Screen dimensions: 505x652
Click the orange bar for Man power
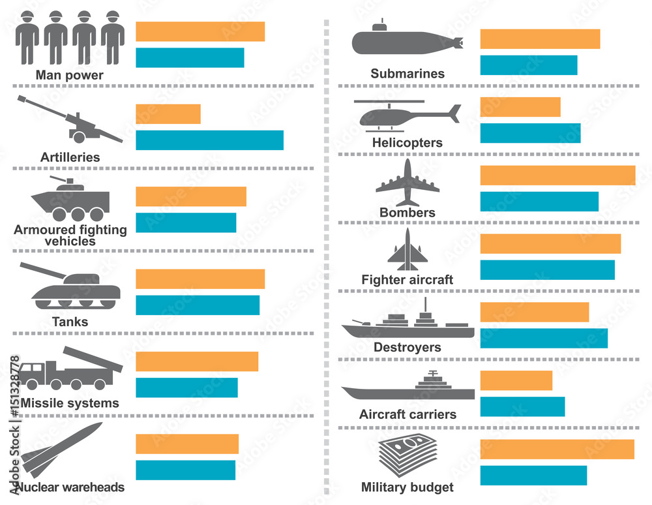point(200,31)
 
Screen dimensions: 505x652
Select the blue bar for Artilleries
point(209,140)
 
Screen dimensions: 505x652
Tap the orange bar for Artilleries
point(168,114)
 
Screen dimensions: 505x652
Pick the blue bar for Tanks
point(197,305)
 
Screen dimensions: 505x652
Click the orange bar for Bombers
point(557,176)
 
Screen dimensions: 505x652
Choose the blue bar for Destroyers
point(544,338)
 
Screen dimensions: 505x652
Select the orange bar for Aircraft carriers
point(516,380)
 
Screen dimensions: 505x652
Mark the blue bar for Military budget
point(533,475)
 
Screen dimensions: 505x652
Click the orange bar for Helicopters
point(520,107)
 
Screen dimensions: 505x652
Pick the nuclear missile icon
point(63,450)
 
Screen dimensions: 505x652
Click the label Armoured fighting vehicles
point(70,235)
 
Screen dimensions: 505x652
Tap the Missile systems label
point(70,403)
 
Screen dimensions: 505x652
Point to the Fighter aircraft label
point(407,280)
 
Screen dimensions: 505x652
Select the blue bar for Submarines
point(529,65)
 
